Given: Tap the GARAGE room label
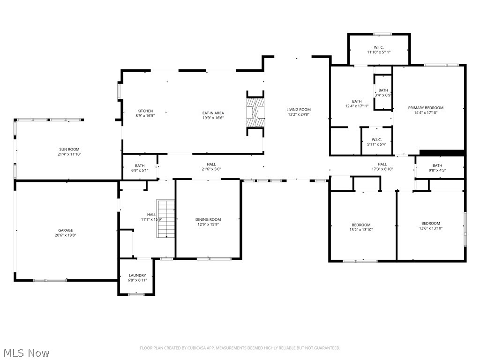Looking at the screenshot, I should tap(66, 230).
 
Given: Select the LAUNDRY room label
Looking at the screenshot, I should tap(137, 275).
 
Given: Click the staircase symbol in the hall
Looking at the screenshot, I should tap(166, 218).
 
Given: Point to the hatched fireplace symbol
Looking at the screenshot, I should tap(256, 112).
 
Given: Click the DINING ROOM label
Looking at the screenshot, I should tap(208, 219).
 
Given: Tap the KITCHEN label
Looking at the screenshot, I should tap(145, 111).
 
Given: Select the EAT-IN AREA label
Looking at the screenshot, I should tap(213, 113).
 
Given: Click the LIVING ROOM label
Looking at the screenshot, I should tap(299, 110).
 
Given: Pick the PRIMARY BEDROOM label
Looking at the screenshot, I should tap(426, 108).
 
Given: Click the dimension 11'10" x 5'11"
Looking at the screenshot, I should tap(379, 52).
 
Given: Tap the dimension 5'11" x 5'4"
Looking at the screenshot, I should tap(376, 144).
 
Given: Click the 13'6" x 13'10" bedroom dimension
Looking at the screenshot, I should tap(430, 228).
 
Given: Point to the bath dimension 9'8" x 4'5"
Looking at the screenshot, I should tap(437, 170).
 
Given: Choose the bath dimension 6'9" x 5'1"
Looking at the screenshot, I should tap(140, 170).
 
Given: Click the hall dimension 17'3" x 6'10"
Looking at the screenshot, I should tap(382, 169).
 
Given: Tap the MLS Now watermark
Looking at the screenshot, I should tap(26, 352).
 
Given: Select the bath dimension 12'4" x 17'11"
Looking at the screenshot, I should tap(357, 106).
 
